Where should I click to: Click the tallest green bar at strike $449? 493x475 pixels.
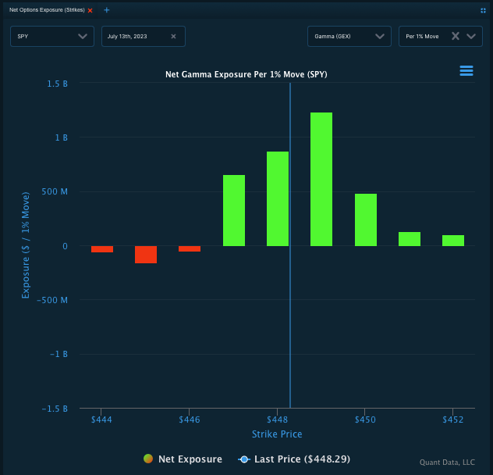(x=321, y=179)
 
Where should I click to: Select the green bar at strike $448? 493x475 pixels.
(x=278, y=198)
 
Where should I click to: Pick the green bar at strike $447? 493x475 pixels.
(x=234, y=210)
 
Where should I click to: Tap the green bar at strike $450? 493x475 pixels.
(x=366, y=220)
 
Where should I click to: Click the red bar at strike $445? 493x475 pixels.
(x=146, y=255)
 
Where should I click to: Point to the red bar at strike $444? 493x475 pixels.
(x=102, y=249)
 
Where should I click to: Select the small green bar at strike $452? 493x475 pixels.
(x=453, y=241)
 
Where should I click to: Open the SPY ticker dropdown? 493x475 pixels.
(x=52, y=36)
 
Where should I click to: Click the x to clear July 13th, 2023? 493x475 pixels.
(x=173, y=36)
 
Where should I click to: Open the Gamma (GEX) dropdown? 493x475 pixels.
(x=349, y=36)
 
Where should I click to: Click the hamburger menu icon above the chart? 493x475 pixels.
(x=466, y=71)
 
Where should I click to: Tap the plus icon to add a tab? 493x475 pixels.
(x=107, y=10)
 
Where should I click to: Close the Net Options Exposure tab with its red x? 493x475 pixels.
(x=90, y=10)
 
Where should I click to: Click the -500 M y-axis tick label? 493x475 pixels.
(x=52, y=300)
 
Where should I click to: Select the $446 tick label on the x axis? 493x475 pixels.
(x=190, y=420)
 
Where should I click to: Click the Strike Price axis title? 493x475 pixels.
(x=277, y=434)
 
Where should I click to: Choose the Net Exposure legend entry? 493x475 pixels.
(x=183, y=459)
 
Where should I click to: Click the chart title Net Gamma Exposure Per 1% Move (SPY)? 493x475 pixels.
(x=247, y=75)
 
